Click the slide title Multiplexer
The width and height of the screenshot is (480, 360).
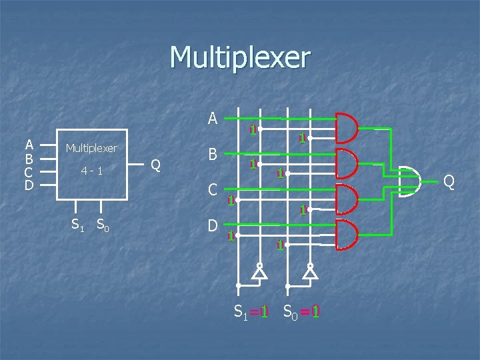tap(240, 58)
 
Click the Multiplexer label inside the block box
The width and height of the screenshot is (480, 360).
tap(91, 148)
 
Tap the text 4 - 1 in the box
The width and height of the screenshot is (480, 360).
tap(91, 171)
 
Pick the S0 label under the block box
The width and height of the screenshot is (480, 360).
tap(103, 225)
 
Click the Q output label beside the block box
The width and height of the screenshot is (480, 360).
tap(155, 165)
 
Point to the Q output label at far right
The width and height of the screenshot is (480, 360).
tap(449, 181)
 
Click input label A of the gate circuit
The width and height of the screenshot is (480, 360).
tap(213, 119)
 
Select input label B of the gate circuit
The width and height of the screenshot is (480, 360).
tap(213, 155)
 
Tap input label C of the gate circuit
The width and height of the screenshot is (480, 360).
tap(213, 190)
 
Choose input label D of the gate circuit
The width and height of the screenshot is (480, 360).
tap(213, 226)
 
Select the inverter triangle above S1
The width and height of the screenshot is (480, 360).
tap(259, 272)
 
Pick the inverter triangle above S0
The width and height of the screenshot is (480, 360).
tap(310, 272)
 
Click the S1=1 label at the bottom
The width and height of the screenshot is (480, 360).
tap(251, 311)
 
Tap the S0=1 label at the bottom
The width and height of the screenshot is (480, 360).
tap(301, 311)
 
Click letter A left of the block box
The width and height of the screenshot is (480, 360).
tap(29, 145)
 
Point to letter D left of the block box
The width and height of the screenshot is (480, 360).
tap(29, 184)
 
